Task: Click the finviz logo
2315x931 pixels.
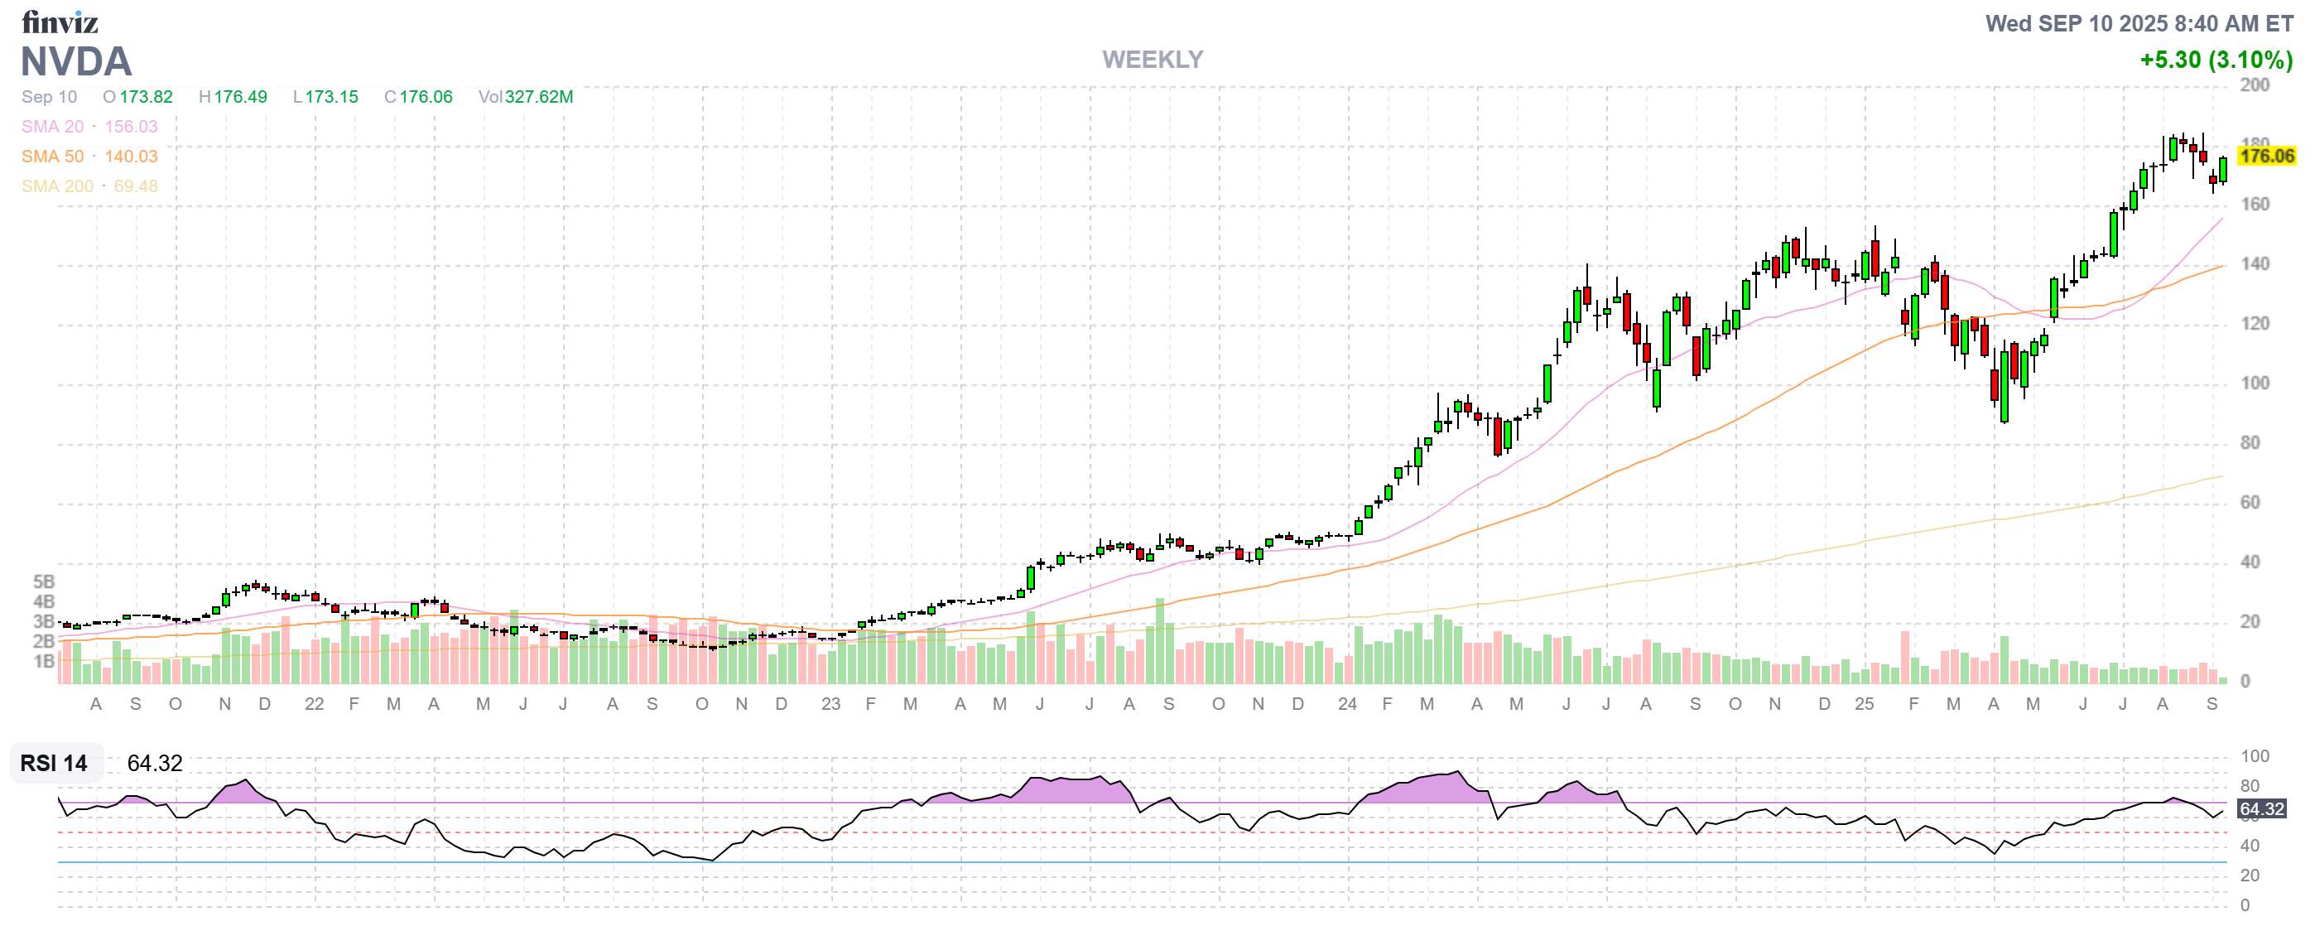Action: (x=60, y=22)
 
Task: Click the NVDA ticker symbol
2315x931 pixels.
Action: (x=76, y=62)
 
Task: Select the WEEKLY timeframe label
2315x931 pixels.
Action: (x=1152, y=60)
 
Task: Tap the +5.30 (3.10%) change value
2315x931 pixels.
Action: (x=2216, y=60)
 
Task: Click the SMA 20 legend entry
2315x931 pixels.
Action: (x=53, y=127)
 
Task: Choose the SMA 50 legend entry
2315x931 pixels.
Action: (x=53, y=157)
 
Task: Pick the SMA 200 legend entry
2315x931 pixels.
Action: (x=57, y=186)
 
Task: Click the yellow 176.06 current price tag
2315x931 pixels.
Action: (x=2265, y=157)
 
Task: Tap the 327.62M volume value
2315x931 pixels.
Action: (x=538, y=97)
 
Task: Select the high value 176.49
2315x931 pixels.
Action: (x=240, y=97)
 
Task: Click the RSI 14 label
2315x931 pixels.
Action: (x=54, y=764)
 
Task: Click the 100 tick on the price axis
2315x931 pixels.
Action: (x=2255, y=383)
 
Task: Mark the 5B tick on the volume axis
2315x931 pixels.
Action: (x=44, y=582)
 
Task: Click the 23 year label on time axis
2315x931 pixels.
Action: (x=830, y=705)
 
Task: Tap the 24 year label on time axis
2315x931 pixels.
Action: (x=1346, y=705)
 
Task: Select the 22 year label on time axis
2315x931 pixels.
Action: (x=314, y=705)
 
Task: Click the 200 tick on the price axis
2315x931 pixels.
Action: (x=2255, y=85)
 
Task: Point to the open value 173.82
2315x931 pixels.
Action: (x=146, y=97)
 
